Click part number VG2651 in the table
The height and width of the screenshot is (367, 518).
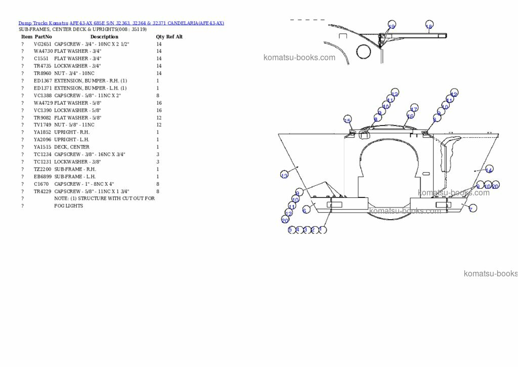point(42,44)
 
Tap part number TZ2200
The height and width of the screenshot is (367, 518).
point(42,169)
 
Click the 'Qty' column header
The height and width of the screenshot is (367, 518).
point(160,36)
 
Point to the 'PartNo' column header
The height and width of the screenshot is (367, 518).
point(43,36)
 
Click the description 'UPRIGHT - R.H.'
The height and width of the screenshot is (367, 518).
point(72,132)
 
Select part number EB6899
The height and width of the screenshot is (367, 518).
point(42,177)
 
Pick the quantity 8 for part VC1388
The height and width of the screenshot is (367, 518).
point(158,96)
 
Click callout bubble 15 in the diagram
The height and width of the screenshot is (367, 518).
point(348,120)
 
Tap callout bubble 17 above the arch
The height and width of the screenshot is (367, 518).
point(414,108)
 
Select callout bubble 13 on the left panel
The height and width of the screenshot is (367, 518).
point(284,175)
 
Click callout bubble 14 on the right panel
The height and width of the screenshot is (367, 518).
point(489,170)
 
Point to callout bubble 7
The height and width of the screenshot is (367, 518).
point(472,208)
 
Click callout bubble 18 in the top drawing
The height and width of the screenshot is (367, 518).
point(429,26)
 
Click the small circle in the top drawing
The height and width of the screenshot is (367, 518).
point(364,51)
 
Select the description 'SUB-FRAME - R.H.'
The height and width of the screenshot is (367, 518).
point(75,169)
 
